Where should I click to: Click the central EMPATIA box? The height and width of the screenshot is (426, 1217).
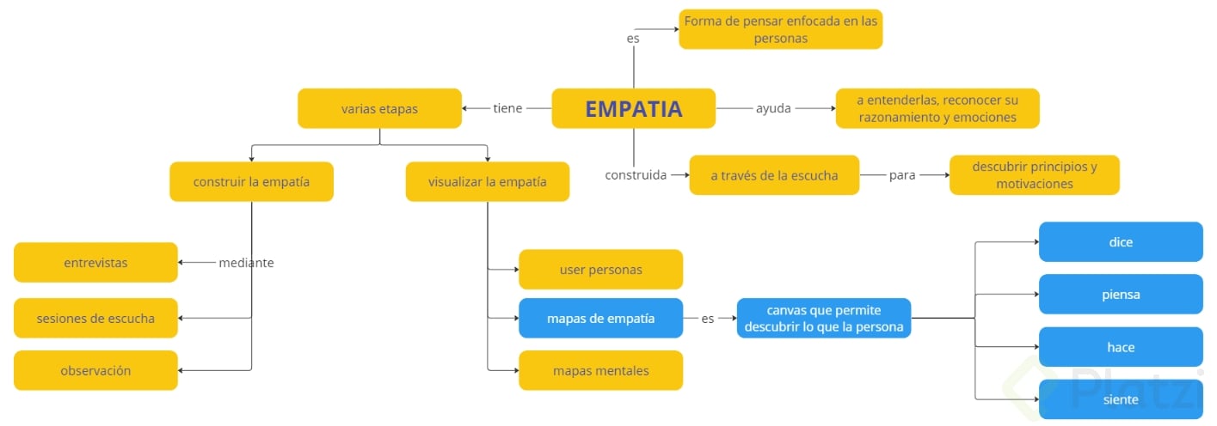pyautogui.click(x=633, y=108)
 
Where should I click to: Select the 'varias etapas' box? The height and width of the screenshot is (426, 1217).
pyautogui.click(x=379, y=108)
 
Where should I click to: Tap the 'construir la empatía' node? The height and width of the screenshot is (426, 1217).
pyautogui.click(x=251, y=181)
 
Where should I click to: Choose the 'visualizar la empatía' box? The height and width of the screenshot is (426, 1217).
pyautogui.click(x=487, y=181)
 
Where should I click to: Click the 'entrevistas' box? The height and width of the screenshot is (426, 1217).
pyautogui.click(x=95, y=262)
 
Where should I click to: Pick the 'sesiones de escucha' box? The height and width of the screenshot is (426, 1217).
pyautogui.click(x=95, y=318)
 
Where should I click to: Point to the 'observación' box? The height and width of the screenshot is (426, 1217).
pyautogui.click(x=95, y=370)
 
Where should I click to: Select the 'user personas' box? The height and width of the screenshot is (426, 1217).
pyautogui.click(x=600, y=269)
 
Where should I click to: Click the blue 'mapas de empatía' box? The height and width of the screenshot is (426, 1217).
pyautogui.click(x=600, y=318)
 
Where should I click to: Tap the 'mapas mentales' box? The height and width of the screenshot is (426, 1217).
pyautogui.click(x=600, y=370)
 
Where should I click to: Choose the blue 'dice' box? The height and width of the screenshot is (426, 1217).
pyautogui.click(x=1121, y=241)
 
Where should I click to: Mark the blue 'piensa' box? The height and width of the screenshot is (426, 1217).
pyautogui.click(x=1121, y=294)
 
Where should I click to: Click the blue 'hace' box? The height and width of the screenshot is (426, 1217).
pyautogui.click(x=1121, y=346)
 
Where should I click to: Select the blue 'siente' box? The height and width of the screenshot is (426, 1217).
pyautogui.click(x=1121, y=399)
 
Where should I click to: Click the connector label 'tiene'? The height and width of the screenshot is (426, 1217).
pyautogui.click(x=507, y=108)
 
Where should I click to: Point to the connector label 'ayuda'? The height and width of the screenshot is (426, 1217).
pyautogui.click(x=773, y=108)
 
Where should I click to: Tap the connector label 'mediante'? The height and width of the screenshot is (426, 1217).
pyautogui.click(x=246, y=263)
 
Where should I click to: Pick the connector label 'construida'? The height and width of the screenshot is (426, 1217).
pyautogui.click(x=636, y=175)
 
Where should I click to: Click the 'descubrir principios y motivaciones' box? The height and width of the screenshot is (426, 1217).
pyautogui.click(x=1034, y=175)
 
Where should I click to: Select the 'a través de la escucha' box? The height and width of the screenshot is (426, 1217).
pyautogui.click(x=774, y=175)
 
